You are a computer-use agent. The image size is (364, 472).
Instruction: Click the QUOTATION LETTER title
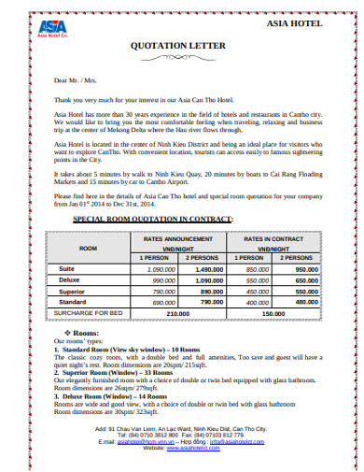[x=181, y=55]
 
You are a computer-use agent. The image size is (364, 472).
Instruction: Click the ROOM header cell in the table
[x=89, y=249]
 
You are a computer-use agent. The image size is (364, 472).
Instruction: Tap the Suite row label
[x=65, y=268]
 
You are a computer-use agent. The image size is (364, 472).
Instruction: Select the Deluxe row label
[x=69, y=279]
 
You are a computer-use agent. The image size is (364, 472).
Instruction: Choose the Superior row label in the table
[x=71, y=291]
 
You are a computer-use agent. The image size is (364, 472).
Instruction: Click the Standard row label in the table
[x=71, y=302]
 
